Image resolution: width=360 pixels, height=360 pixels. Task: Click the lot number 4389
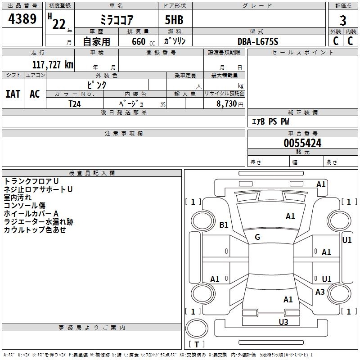tap(22, 19)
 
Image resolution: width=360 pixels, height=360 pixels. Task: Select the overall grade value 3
tap(343, 21)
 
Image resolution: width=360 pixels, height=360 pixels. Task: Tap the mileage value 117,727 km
tap(53, 65)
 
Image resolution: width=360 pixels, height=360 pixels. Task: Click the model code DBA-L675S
tap(258, 41)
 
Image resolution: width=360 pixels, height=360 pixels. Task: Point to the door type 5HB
tap(174, 20)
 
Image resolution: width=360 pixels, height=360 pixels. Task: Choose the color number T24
tap(75, 104)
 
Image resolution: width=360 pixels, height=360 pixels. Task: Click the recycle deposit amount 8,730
tap(227, 104)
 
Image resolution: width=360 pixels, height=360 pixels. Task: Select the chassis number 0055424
tap(302, 143)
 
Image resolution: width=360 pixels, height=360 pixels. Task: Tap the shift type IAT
tap(13, 94)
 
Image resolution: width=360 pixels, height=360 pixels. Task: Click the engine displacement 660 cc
tap(143, 42)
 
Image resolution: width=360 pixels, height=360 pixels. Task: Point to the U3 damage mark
tap(283, 322)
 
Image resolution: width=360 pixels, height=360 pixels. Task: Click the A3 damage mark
tap(320, 292)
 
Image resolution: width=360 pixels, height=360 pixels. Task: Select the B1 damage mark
tap(224, 225)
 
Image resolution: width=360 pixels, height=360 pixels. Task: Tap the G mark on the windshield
tap(257, 237)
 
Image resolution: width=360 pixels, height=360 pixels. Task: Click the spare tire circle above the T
tap(197, 328)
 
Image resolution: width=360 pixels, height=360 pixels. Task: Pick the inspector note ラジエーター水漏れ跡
tap(39, 222)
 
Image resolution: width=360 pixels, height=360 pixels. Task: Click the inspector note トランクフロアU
tap(31, 181)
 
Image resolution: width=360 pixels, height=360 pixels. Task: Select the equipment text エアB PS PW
tap(270, 121)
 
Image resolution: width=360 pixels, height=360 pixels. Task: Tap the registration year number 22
tap(59, 24)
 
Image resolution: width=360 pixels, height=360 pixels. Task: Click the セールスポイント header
tap(302, 53)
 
